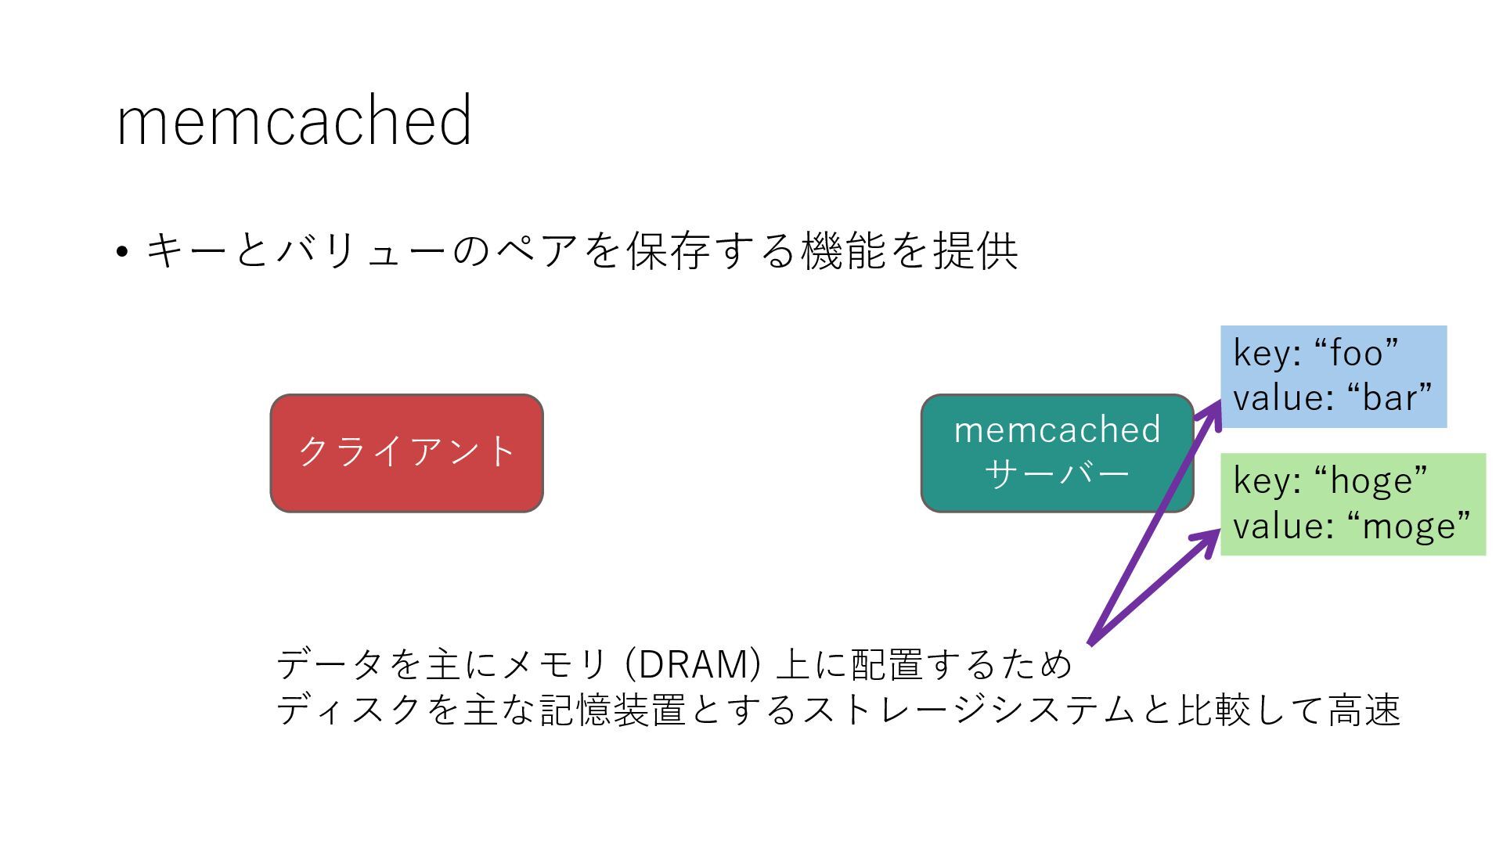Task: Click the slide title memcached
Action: point(294,120)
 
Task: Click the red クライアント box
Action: point(406,453)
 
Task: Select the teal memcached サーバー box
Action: point(1056,453)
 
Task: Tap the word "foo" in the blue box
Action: point(1356,353)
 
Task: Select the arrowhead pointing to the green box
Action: point(1209,537)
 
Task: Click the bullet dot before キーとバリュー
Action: point(121,252)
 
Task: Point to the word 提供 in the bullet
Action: point(975,251)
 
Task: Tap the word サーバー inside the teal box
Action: point(1056,474)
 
